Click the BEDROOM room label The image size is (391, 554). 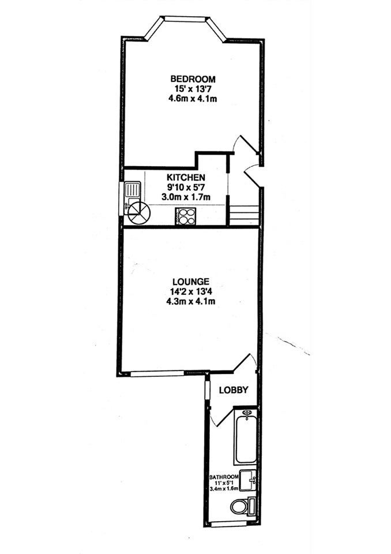tap(193, 79)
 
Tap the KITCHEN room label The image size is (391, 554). tap(186, 177)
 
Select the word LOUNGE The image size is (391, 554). tap(191, 282)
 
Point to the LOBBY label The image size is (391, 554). tap(234, 390)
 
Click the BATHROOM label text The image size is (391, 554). tap(224, 477)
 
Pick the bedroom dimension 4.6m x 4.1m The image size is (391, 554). tap(193, 99)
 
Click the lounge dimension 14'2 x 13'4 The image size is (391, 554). tap(191, 292)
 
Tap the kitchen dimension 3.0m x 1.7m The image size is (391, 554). tap(186, 197)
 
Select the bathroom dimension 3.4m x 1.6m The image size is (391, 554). tap(224, 489)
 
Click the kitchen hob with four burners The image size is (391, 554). tap(186, 216)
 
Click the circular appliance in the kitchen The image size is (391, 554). tap(139, 213)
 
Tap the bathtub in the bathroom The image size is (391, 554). tap(246, 437)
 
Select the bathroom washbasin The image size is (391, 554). tap(248, 480)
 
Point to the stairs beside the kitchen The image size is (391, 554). tap(244, 214)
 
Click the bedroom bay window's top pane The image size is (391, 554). tap(185, 18)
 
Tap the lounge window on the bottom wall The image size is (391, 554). tap(157, 373)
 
